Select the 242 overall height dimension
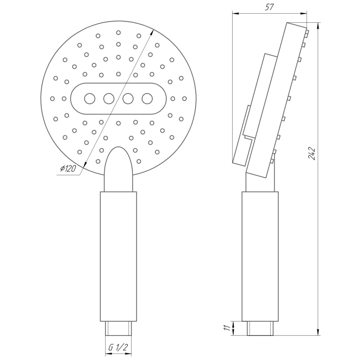312,154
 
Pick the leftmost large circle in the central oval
89,98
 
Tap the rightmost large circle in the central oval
147,98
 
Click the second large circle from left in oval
109,98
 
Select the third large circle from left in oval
128,98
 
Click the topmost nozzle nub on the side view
307,33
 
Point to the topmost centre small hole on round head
118,32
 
